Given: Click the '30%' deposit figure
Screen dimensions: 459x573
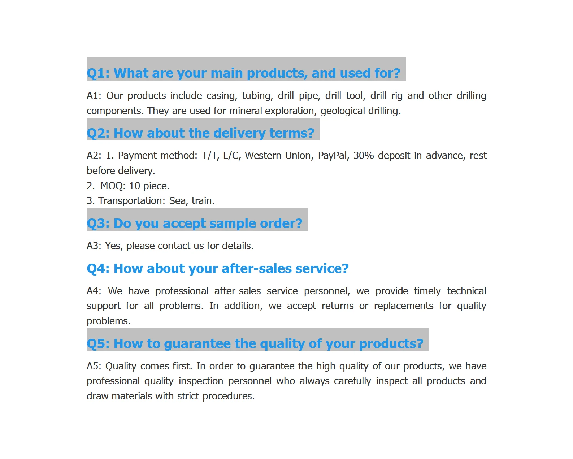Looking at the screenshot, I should pos(363,156).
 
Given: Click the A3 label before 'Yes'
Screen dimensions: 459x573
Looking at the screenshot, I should pos(94,246).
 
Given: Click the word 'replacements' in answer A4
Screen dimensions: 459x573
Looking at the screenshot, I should pos(403,306).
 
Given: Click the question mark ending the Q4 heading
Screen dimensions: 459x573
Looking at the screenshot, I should pos(344,269).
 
